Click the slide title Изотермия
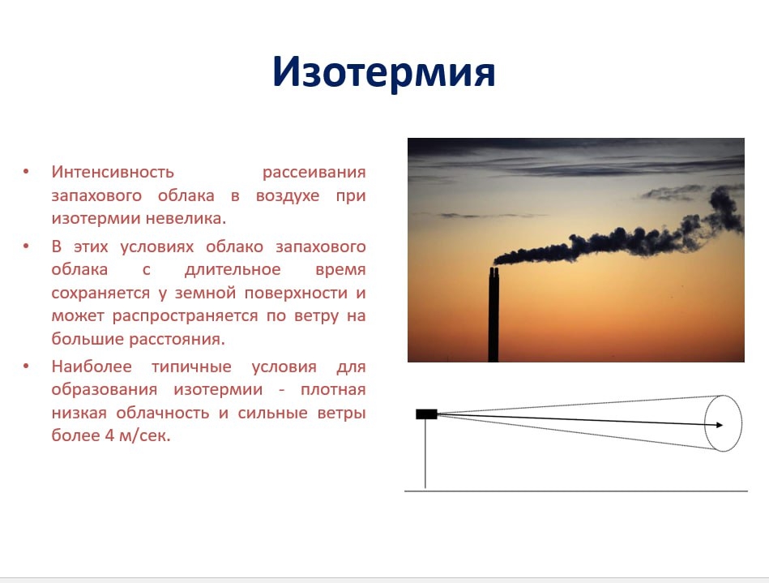click(383, 73)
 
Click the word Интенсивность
click(113, 172)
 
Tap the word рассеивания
click(314, 173)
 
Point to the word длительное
click(233, 269)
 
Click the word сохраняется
click(100, 294)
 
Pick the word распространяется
click(185, 316)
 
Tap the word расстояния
click(177, 339)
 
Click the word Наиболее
click(92, 366)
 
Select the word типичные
click(191, 367)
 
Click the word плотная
click(333, 390)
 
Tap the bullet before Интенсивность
click(26, 172)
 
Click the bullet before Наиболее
click(26, 366)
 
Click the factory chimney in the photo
click(493, 315)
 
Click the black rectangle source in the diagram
click(426, 414)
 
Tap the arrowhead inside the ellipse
click(720, 425)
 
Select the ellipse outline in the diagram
click(705, 423)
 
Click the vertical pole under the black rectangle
click(425, 454)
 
